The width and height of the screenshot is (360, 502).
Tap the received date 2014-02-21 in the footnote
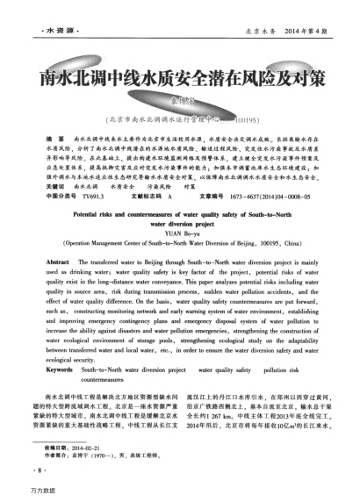79,446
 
